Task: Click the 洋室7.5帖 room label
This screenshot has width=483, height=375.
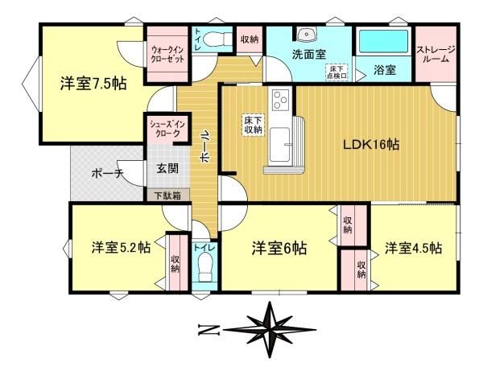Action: (x=93, y=83)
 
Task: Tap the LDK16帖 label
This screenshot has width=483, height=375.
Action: (x=371, y=144)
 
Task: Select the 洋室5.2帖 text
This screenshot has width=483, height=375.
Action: (x=121, y=247)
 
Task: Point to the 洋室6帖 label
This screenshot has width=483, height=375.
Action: (x=279, y=248)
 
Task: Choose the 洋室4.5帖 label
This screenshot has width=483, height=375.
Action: (x=413, y=248)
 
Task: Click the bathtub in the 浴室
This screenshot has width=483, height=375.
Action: (x=383, y=42)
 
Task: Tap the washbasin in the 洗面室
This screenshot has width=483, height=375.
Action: (x=306, y=34)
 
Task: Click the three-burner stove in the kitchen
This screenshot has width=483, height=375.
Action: (x=280, y=100)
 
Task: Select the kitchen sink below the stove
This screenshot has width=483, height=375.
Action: (x=279, y=144)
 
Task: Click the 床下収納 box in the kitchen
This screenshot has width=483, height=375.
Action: (x=253, y=125)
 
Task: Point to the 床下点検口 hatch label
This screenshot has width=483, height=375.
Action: (x=336, y=72)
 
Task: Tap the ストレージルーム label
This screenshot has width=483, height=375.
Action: (x=436, y=54)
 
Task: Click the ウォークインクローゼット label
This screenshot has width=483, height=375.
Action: (x=167, y=54)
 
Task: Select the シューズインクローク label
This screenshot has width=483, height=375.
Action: (x=167, y=129)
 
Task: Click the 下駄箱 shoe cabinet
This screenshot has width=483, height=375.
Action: (x=168, y=196)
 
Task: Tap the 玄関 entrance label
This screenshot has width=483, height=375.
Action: (x=167, y=168)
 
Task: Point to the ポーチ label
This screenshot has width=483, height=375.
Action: (x=107, y=174)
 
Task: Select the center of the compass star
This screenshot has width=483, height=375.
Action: (x=270, y=330)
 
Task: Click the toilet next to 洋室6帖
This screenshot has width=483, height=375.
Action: (x=204, y=266)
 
